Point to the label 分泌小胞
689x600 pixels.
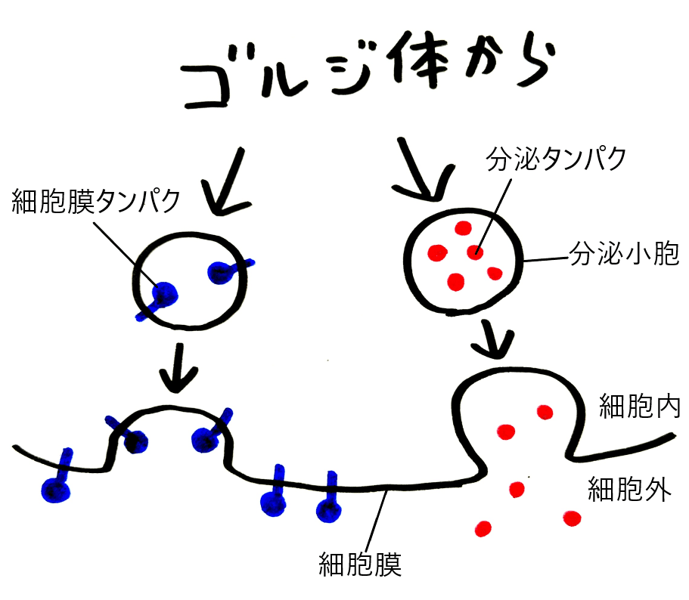(x=623, y=255)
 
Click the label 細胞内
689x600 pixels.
(x=639, y=406)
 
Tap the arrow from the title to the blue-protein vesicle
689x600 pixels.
(x=229, y=181)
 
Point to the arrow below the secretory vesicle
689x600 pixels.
(x=495, y=339)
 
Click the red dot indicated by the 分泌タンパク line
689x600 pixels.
(x=474, y=252)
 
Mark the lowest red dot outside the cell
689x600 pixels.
(x=483, y=527)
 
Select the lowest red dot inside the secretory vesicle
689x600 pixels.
(x=455, y=282)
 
